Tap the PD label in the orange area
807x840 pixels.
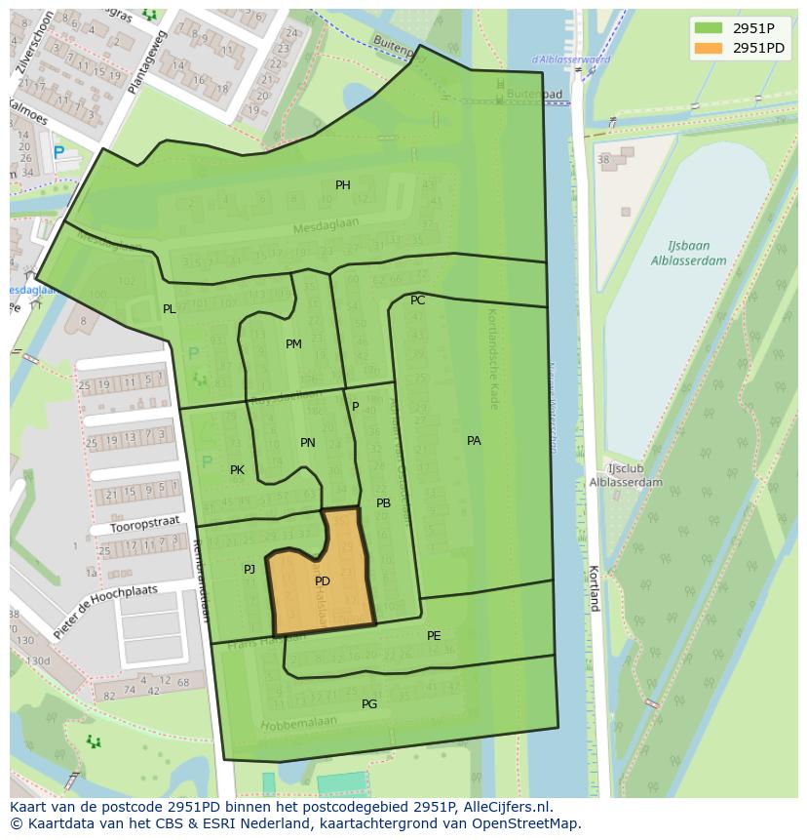coord(323,581)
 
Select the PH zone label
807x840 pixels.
coord(343,185)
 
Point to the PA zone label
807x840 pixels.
coord(474,441)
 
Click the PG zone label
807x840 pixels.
coord(369,704)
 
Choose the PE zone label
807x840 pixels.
coord(434,636)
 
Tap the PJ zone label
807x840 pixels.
coord(250,570)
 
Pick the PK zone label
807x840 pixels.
coord(237,470)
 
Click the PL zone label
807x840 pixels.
coord(170,309)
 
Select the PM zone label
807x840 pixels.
coord(293,344)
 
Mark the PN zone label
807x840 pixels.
coord(308,443)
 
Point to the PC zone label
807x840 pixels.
coord(417,300)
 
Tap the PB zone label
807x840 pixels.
coord(383,503)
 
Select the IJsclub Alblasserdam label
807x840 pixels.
coord(626,475)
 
